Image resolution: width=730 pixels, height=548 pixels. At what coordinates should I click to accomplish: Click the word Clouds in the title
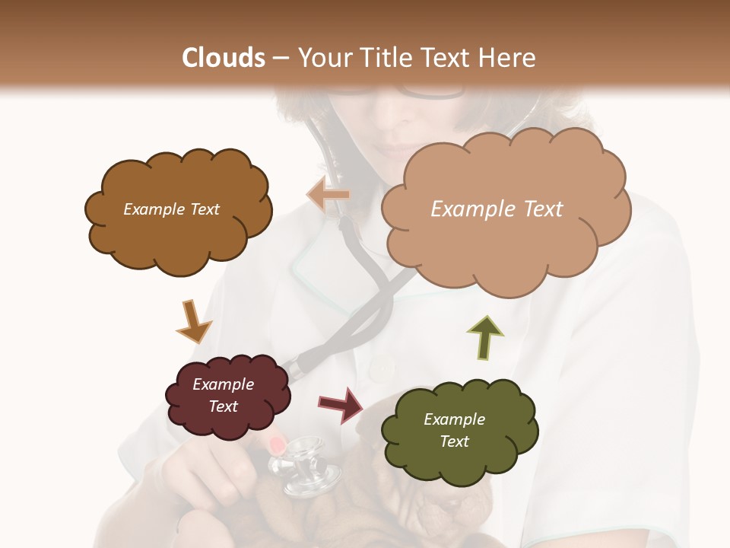click(224, 58)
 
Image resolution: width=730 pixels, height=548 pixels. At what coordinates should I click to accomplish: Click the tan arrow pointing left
click(328, 195)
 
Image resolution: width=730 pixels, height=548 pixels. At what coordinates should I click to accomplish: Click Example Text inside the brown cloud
click(172, 209)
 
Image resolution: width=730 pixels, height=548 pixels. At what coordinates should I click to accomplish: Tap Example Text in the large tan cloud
click(497, 209)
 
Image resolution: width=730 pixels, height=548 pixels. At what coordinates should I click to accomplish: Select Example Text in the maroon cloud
click(224, 395)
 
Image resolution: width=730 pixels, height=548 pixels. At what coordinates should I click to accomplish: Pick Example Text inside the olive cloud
click(454, 430)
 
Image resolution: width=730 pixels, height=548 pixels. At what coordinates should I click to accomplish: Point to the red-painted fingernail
click(278, 444)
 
